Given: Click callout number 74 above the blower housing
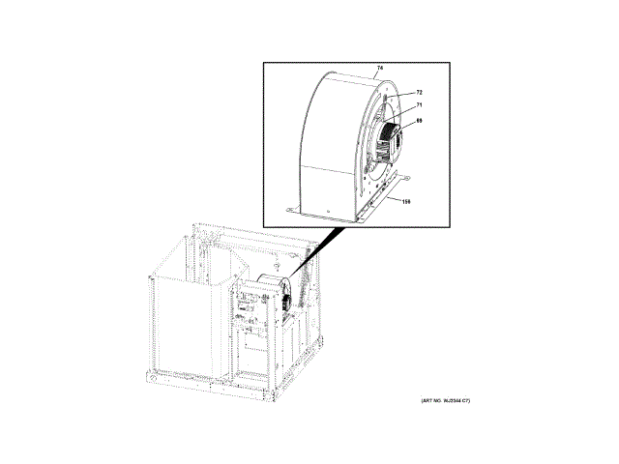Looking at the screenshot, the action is click(379, 68).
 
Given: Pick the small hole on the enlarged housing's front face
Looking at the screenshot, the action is click(330, 209).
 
